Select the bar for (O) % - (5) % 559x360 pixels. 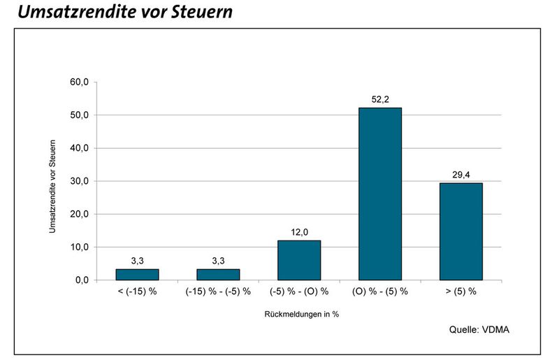click(379, 194)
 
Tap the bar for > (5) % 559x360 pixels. click(460, 231)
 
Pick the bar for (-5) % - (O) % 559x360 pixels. click(299, 260)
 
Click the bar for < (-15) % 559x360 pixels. click(137, 274)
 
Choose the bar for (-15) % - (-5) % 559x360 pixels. click(218, 274)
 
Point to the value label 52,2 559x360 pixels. click(379, 100)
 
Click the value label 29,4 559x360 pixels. click(460, 175)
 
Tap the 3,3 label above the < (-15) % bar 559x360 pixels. click(137, 261)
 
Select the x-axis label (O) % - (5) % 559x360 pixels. click(379, 291)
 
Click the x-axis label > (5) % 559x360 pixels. click(460, 291)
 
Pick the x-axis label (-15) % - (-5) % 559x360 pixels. click(218, 291)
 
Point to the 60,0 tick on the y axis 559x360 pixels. click(78, 82)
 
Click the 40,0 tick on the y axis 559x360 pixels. click(78, 148)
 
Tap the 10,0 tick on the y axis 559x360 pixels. click(78, 247)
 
